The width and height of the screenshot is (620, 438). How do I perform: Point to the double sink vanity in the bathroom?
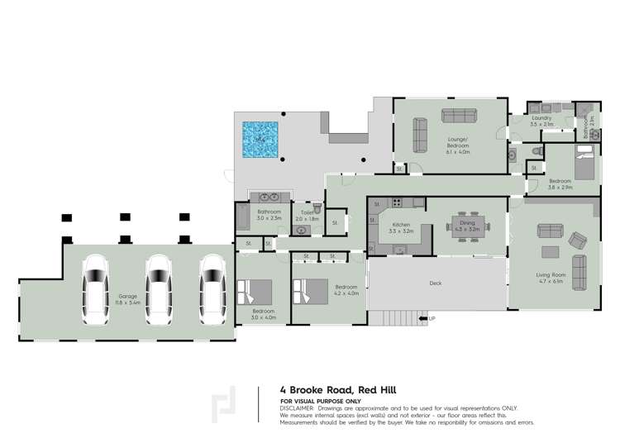coord(270,197)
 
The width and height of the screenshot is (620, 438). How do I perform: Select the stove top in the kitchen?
coord(396,202)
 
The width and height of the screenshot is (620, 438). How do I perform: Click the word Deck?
coord(435,282)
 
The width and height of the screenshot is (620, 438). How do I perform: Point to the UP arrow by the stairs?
coord(427,317)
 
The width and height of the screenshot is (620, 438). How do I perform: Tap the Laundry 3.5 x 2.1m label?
coord(541,122)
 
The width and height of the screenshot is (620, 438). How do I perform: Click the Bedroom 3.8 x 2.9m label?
coord(560,184)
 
